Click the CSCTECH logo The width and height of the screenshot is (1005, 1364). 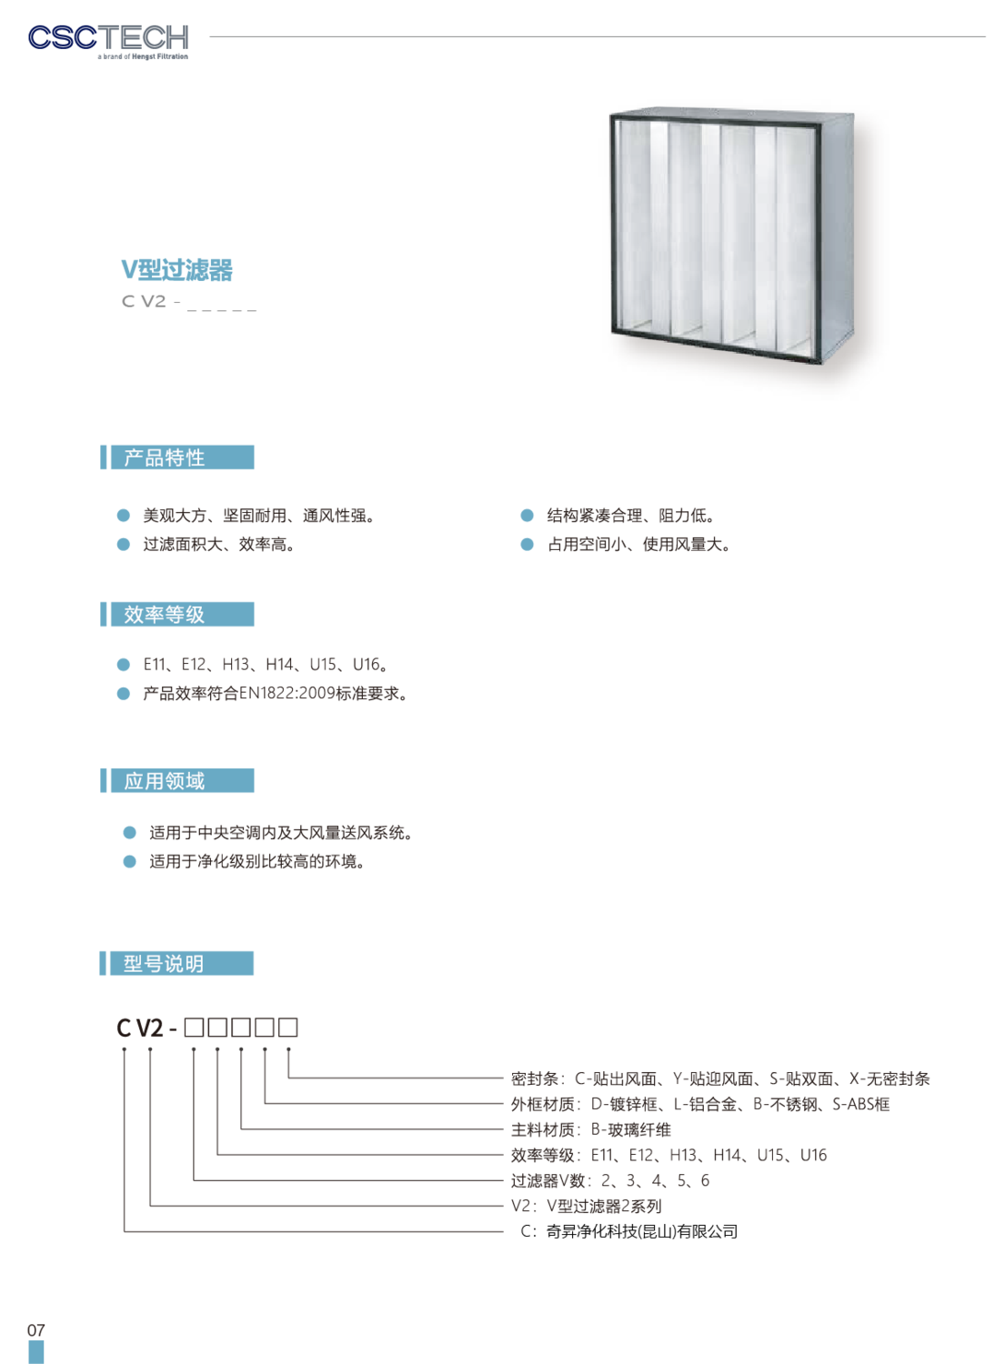point(108,42)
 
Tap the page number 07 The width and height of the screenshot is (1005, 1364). point(36,1329)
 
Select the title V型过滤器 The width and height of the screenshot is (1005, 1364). point(176,270)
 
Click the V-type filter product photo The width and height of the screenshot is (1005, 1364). point(732,238)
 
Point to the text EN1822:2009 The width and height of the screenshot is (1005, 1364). point(286,693)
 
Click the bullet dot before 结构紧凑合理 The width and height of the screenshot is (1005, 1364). point(528,516)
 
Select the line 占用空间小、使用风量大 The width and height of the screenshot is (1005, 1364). point(639,545)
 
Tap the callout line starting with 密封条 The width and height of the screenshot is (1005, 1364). point(720,1079)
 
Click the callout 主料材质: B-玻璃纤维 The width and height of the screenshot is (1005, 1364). point(591,1130)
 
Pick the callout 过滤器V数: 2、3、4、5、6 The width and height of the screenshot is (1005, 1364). point(610,1180)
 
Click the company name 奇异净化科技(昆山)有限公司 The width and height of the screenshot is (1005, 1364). point(642,1231)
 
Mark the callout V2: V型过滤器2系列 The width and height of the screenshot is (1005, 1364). point(587,1207)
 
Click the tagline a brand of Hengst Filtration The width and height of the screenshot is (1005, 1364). point(143,56)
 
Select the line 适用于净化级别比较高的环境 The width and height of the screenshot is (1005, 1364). point(257,862)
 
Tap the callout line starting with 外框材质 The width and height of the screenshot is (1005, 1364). point(700,1105)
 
